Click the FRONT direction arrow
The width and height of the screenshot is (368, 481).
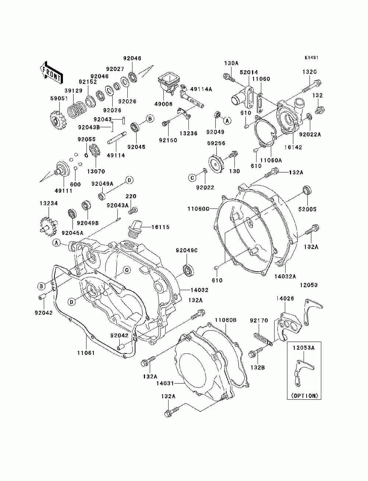tap(51, 72)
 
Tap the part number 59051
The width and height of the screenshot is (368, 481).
tap(59, 99)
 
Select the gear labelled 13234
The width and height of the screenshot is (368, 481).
tap(49, 227)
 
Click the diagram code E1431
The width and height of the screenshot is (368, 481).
tap(311, 58)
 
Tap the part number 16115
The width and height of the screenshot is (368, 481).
tap(160, 227)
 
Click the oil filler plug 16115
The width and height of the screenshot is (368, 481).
tap(134, 228)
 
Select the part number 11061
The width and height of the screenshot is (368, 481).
tap(86, 353)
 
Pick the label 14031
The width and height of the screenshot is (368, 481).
tap(165, 383)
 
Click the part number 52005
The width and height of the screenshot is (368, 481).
tap(308, 209)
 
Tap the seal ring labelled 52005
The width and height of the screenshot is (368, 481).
tap(307, 190)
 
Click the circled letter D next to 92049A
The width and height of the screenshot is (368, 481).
tap(130, 180)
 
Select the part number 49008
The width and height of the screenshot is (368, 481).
tap(163, 104)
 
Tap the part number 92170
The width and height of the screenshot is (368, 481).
tap(259, 321)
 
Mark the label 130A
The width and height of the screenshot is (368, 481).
tap(231, 64)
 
